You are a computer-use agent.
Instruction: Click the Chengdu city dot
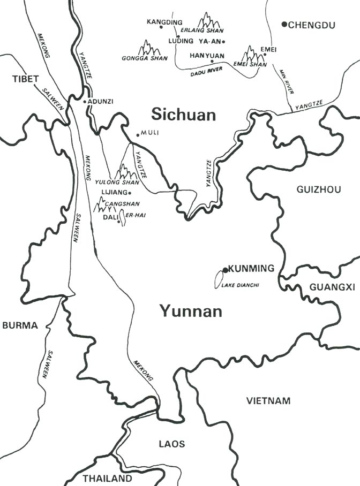click(x=284, y=24)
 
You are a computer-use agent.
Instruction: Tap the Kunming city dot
click(x=226, y=270)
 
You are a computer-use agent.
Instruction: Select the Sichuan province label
click(x=183, y=115)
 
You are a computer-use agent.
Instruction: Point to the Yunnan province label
click(x=190, y=311)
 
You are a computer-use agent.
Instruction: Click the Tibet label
click(x=26, y=79)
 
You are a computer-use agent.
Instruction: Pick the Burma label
click(x=20, y=325)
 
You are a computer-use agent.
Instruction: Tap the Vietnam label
click(x=268, y=400)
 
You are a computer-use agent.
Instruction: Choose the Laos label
click(x=172, y=444)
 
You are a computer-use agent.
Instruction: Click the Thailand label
click(x=107, y=478)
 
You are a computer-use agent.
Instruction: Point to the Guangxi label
click(x=332, y=287)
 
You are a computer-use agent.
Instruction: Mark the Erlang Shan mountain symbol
click(x=208, y=21)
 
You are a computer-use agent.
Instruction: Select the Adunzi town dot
click(x=85, y=101)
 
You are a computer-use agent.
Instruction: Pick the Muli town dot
click(x=138, y=134)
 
